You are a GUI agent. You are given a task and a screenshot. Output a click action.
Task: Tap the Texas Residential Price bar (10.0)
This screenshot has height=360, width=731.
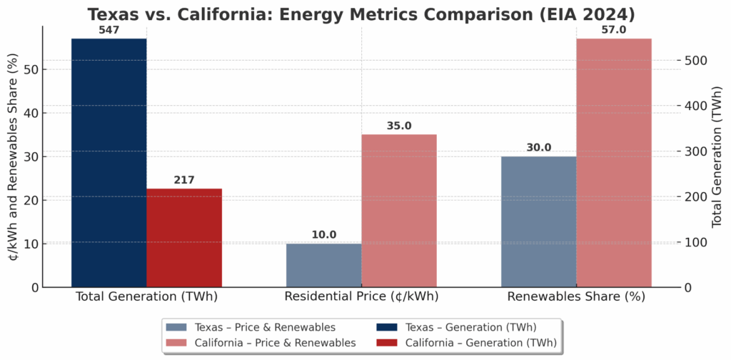(x=324, y=265)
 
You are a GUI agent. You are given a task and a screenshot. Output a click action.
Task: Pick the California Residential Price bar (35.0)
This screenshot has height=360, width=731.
(x=399, y=211)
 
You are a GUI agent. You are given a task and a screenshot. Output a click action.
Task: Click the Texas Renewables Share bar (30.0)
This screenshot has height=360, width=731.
(x=539, y=221)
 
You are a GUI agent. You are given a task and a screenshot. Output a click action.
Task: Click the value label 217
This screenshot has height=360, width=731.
(x=184, y=180)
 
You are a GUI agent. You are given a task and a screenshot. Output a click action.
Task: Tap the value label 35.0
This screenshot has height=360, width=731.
(x=399, y=126)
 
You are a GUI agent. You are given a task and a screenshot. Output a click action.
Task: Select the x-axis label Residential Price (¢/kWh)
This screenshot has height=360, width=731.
(x=361, y=296)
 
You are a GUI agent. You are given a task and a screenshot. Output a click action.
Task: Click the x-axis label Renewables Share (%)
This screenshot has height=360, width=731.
(x=576, y=296)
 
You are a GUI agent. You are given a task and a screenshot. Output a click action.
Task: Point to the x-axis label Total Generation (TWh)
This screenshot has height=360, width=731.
(x=146, y=296)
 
